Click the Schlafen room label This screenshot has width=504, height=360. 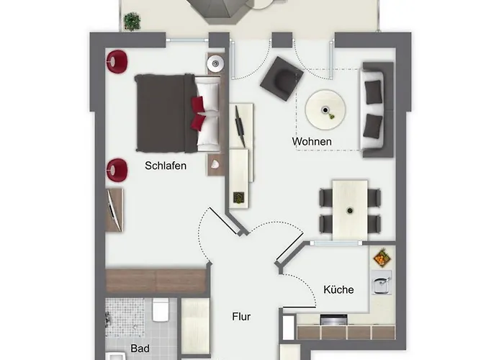(x=166, y=166)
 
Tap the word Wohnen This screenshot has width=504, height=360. (x=312, y=141)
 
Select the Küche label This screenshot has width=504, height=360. (x=338, y=289)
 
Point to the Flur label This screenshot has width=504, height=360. (x=241, y=317)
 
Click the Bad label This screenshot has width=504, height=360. (x=140, y=348)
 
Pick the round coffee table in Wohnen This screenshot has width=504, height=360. (x=325, y=109)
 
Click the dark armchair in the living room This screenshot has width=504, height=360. (x=282, y=78)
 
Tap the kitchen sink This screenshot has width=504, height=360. (x=381, y=282)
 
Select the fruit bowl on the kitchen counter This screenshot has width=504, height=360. (x=382, y=258)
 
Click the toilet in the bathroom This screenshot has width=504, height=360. (x=161, y=309)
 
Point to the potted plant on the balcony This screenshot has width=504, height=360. (x=132, y=21)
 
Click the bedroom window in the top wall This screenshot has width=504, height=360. (x=187, y=40)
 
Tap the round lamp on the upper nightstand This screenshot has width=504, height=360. (x=215, y=63)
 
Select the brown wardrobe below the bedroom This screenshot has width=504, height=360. (x=156, y=281)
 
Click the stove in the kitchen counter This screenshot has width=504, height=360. (x=333, y=320)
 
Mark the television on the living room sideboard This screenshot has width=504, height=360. (x=240, y=126)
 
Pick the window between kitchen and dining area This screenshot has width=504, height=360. (x=336, y=243)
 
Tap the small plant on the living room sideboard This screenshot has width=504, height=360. (x=239, y=197)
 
